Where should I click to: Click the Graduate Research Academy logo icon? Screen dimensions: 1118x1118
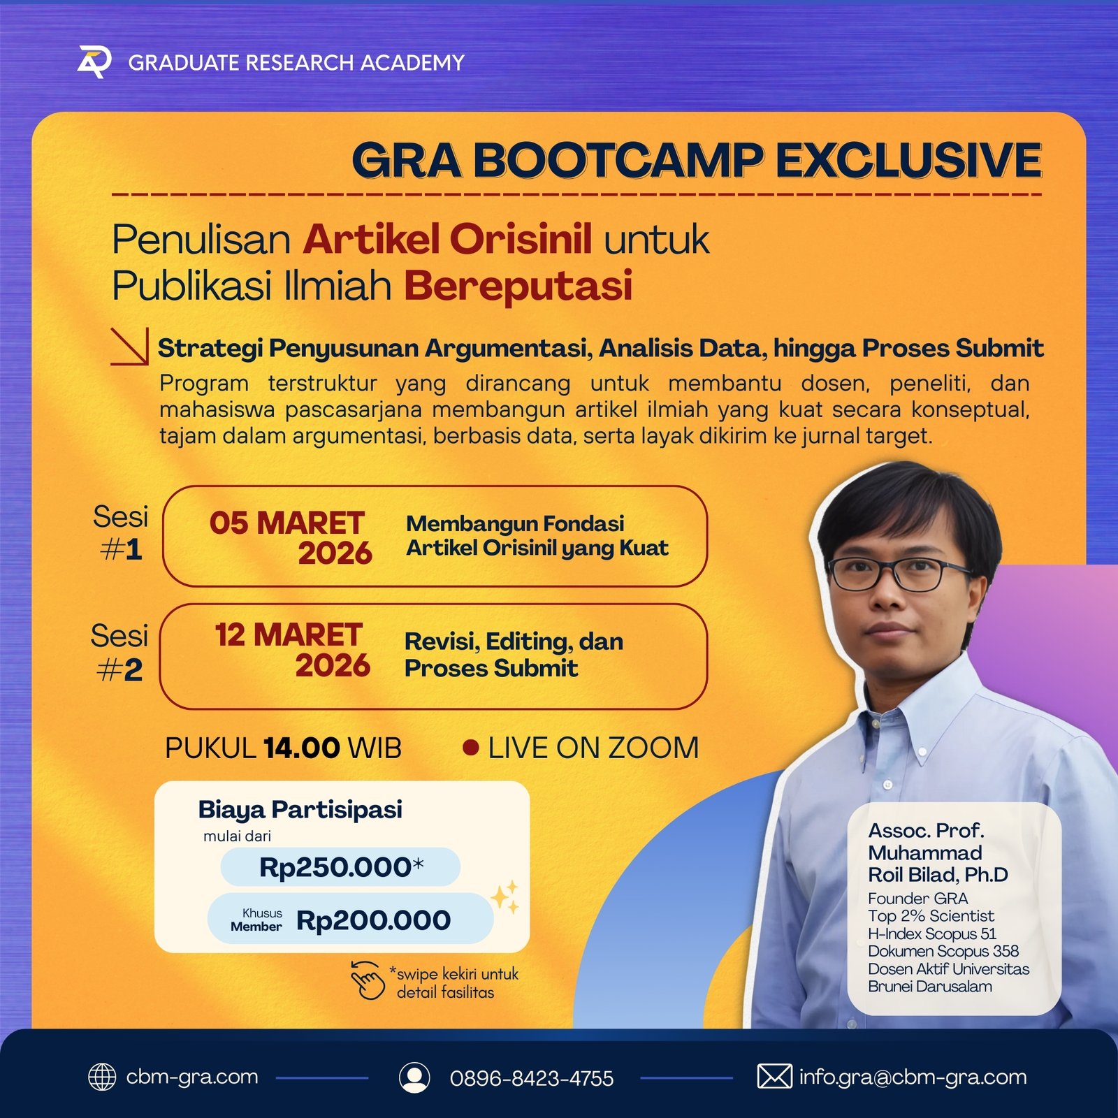(x=94, y=62)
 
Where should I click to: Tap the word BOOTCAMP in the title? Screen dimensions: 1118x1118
(x=617, y=160)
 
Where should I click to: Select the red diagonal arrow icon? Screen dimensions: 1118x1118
(x=129, y=347)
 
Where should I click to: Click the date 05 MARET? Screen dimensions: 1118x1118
(x=286, y=523)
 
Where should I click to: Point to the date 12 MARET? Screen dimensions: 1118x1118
(x=288, y=635)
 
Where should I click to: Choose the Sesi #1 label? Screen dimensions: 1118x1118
(x=120, y=533)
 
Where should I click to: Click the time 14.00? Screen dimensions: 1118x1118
(x=302, y=748)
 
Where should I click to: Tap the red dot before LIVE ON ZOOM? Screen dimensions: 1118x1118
(x=471, y=748)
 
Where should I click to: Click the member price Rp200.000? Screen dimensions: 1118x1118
(x=373, y=920)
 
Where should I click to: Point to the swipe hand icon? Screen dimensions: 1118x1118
(x=368, y=980)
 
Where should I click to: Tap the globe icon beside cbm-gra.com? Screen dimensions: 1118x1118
(x=102, y=1077)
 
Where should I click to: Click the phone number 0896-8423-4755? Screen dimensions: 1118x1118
(x=532, y=1078)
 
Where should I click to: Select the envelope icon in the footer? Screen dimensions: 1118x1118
(x=774, y=1077)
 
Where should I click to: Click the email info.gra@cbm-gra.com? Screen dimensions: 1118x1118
(x=913, y=1077)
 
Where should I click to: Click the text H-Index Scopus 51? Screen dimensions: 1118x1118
(x=932, y=934)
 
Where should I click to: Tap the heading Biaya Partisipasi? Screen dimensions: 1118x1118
(x=300, y=809)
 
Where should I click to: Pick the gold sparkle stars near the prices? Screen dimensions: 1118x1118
(x=505, y=896)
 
